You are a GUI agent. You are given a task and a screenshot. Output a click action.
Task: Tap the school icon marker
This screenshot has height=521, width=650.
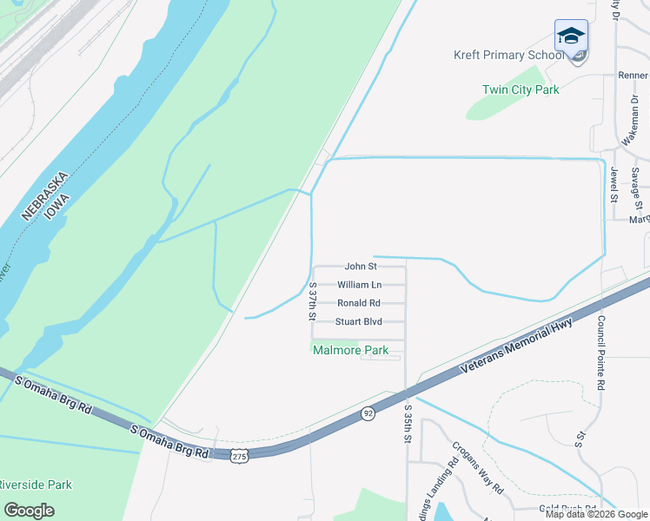571,37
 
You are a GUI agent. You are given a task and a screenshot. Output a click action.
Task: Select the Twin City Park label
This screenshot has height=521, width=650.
521,89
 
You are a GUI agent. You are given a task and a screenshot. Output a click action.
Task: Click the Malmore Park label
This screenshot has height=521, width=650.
350,350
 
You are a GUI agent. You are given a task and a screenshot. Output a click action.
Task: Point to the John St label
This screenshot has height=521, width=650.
360,267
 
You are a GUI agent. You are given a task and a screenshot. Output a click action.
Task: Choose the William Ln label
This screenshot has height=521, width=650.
359,285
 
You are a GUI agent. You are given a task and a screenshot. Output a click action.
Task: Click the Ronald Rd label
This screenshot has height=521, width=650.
359,303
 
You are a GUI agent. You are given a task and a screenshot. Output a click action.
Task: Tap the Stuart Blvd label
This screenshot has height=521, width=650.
359,321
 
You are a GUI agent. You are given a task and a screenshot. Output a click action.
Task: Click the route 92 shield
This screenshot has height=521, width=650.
368,414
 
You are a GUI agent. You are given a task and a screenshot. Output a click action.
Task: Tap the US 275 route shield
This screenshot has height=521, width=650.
239,454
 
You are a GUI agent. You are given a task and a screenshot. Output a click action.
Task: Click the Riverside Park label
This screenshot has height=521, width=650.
35,485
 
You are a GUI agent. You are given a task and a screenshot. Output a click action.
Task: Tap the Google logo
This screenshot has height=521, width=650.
29,510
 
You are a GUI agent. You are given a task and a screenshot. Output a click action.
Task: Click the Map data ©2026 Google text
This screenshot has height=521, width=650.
595,514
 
